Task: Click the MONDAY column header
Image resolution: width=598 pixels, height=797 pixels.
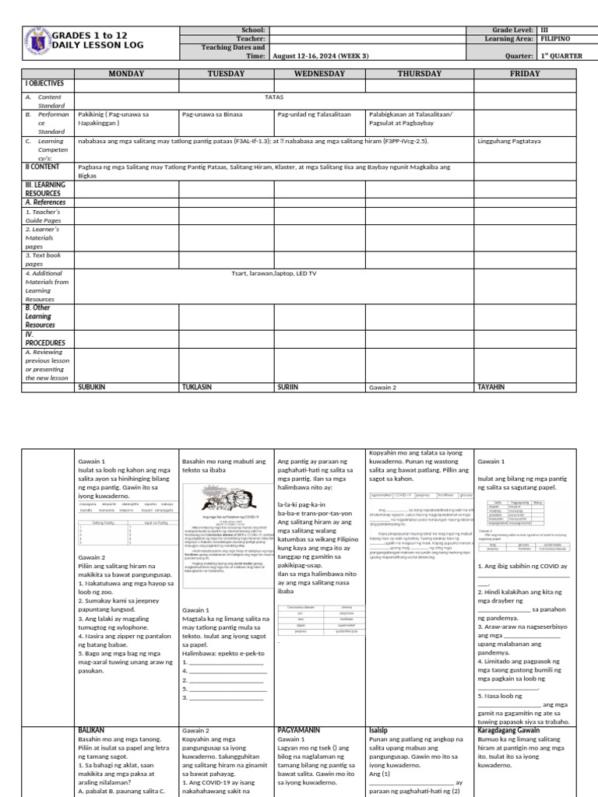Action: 126,73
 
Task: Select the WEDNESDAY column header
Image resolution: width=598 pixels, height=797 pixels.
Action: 319,73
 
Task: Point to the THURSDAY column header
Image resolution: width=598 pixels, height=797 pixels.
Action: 420,73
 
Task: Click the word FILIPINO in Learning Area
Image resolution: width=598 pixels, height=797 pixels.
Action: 555,38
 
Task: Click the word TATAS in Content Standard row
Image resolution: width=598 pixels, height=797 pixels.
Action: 274,97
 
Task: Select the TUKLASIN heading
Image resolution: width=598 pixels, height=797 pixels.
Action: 198,386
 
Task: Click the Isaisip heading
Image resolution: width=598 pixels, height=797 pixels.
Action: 382,730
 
